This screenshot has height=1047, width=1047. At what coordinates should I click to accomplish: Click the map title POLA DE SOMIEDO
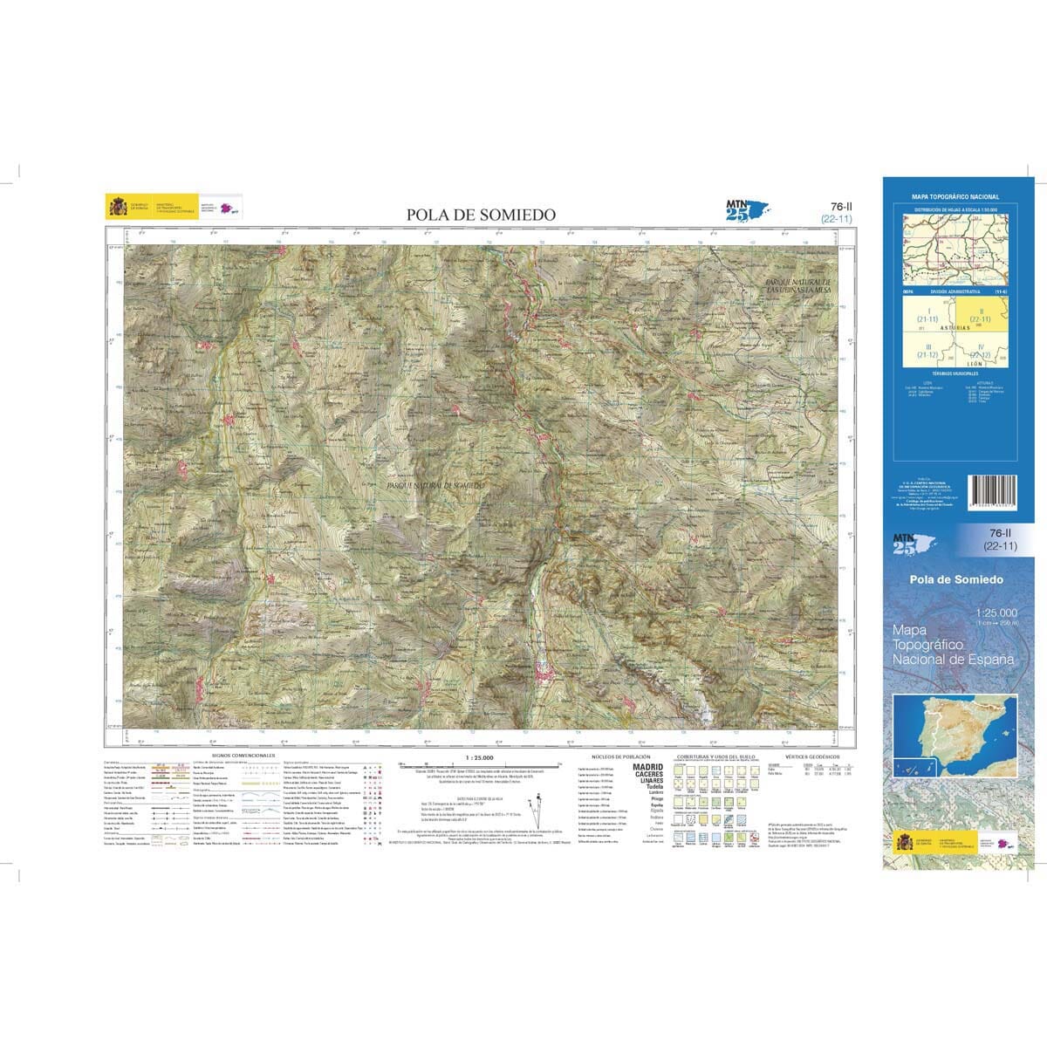click(480, 215)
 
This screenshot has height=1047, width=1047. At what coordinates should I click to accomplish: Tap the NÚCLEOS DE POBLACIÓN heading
click(621, 756)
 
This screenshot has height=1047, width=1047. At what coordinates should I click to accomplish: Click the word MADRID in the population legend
click(647, 766)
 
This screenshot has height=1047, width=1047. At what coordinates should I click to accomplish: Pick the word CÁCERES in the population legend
click(647, 773)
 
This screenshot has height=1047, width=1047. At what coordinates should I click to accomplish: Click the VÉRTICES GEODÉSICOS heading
click(812, 756)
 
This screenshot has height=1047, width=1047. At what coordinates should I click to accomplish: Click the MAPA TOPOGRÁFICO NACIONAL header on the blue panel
click(955, 197)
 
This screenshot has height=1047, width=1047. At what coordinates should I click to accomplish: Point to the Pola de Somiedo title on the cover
click(955, 579)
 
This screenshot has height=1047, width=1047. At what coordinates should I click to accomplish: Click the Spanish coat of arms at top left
click(116, 206)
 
